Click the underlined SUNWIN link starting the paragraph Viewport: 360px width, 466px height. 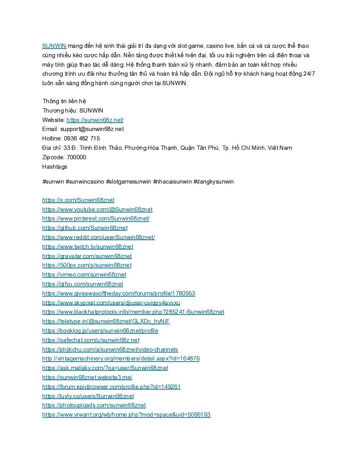[54, 46]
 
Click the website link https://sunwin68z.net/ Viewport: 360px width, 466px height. [95, 120]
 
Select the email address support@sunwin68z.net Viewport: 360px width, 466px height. [92, 129]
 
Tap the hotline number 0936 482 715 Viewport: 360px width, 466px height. [82, 138]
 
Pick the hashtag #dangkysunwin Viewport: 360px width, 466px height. [213, 182]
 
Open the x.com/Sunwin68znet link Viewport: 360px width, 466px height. [78, 200]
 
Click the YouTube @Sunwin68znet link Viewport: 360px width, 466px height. [97, 209]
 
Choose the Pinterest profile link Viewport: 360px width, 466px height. [96, 218]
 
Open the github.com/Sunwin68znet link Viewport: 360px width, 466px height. [85, 228]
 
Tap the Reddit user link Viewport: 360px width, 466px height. [98, 237]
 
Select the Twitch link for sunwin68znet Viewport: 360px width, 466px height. [88, 247]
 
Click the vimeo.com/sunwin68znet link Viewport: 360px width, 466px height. [84, 275]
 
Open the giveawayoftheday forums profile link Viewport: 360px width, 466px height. [118, 293]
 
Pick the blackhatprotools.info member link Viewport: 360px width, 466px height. [133, 312]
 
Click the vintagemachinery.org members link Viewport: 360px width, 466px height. [121, 359]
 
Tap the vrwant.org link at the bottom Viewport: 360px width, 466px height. [126, 415]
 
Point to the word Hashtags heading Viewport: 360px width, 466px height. [55, 167]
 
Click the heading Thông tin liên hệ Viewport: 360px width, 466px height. [64, 101]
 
